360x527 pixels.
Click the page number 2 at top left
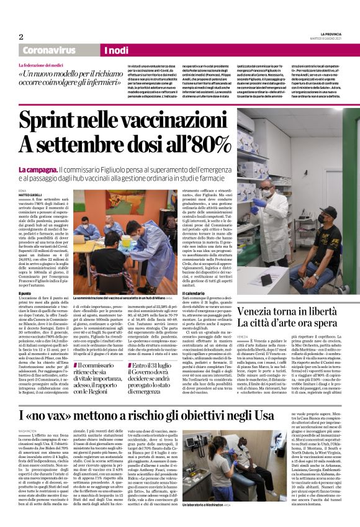(x=20, y=37)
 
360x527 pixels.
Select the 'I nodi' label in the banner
(x=116, y=50)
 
